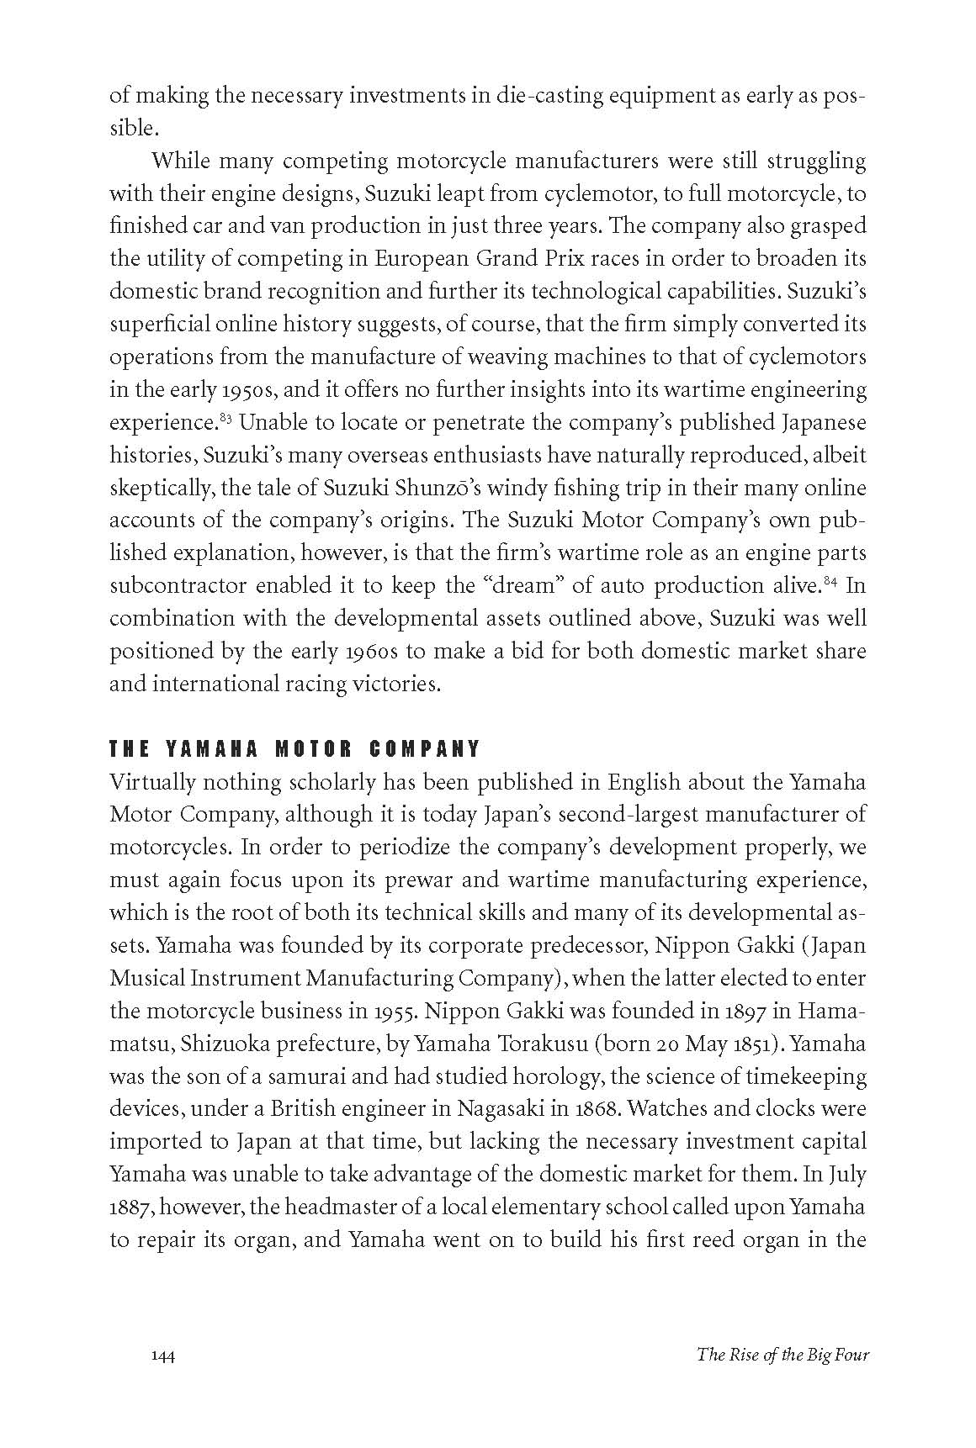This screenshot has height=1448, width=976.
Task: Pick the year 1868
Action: pos(599,1108)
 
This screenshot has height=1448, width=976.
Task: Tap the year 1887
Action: pos(131,1208)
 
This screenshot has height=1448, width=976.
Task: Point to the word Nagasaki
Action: pos(500,1108)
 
